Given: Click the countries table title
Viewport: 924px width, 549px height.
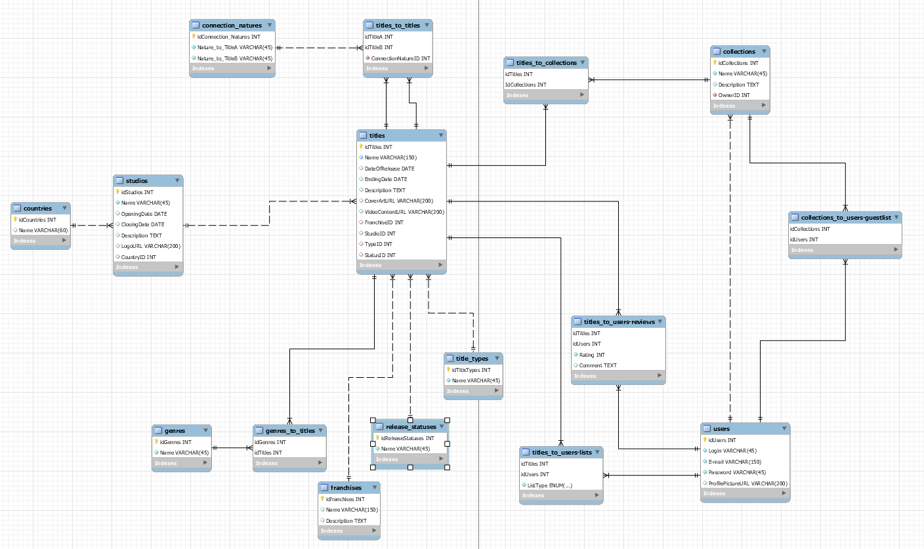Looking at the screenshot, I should [x=37, y=209].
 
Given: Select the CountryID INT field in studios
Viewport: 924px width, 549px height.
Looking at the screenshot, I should [x=138, y=257].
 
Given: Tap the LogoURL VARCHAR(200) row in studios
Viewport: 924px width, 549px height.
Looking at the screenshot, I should [x=142, y=246].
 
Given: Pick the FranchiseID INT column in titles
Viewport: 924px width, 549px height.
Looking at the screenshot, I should [x=384, y=222].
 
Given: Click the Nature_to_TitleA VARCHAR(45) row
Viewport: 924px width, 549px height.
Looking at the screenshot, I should [x=234, y=47].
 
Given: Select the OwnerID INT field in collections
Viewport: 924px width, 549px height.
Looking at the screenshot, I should [x=734, y=95].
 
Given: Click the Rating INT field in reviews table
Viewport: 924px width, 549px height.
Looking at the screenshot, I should [x=591, y=355].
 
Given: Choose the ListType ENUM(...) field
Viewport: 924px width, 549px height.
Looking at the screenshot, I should [x=549, y=485].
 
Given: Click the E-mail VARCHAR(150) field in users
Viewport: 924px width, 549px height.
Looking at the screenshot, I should [x=734, y=462].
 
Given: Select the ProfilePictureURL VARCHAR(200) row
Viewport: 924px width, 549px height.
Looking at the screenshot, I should [x=747, y=483].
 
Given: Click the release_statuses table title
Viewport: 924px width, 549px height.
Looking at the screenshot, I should [x=411, y=427].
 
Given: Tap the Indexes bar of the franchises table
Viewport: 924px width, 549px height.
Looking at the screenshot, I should [x=348, y=531].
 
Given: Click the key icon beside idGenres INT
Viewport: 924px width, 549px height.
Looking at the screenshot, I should [x=157, y=442].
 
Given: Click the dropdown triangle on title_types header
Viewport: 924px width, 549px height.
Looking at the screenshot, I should [x=497, y=358].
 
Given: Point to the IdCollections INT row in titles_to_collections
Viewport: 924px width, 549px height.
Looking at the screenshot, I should [x=526, y=85].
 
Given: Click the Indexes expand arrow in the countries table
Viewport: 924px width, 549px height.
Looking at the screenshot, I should [x=64, y=241].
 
